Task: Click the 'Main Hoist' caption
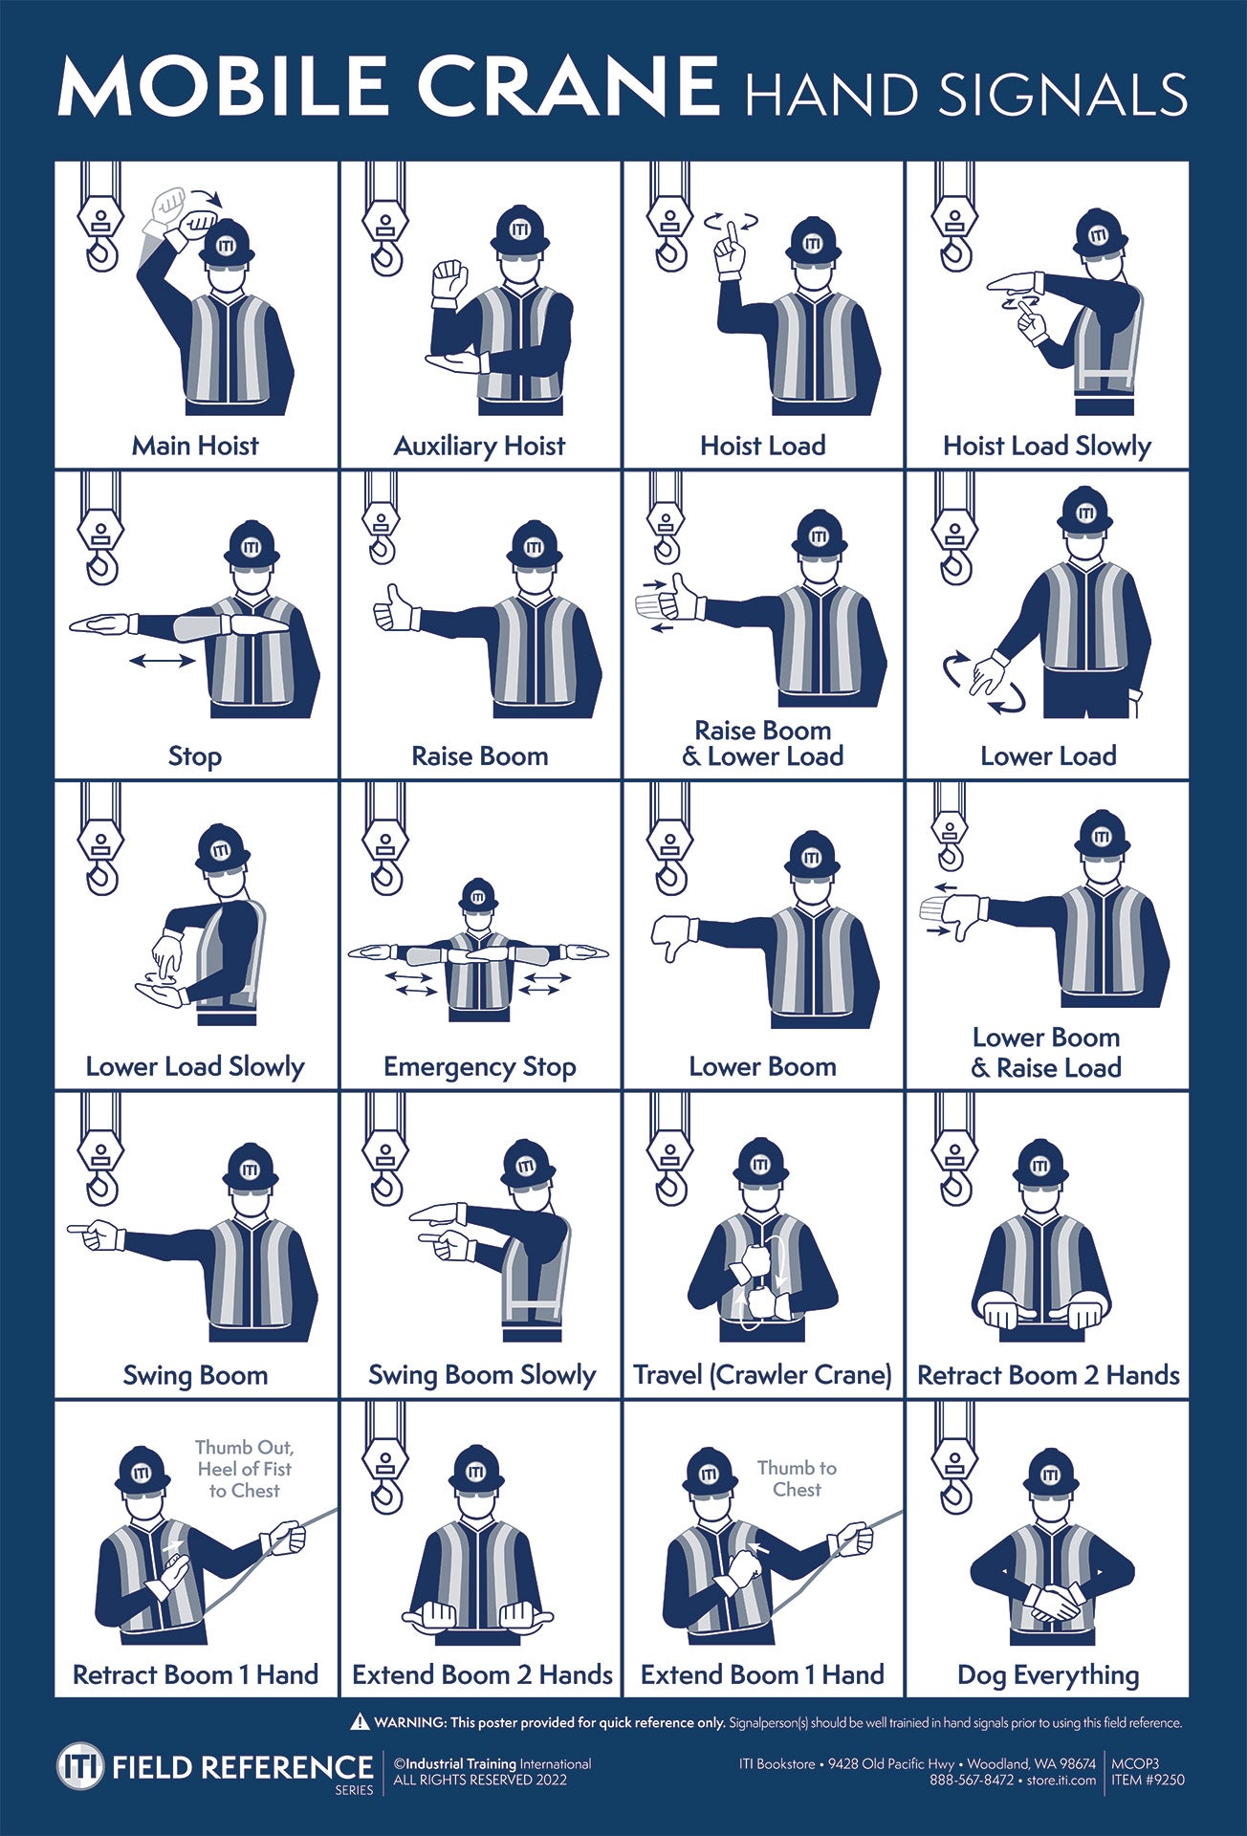point(195,446)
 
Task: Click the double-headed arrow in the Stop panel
point(162,660)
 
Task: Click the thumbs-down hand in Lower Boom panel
point(674,934)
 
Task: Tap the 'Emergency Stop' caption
point(479,1066)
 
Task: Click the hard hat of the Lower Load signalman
point(1084,512)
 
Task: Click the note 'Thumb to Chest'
point(797,1478)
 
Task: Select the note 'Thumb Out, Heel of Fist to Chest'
point(244,1469)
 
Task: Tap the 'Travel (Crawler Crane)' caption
point(762,1375)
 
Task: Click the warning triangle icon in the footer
point(360,1722)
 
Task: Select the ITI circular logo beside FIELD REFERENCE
point(79,1766)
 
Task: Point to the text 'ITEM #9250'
point(1148,1780)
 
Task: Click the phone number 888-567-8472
point(971,1780)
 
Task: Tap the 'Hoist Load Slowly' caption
point(1046,446)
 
